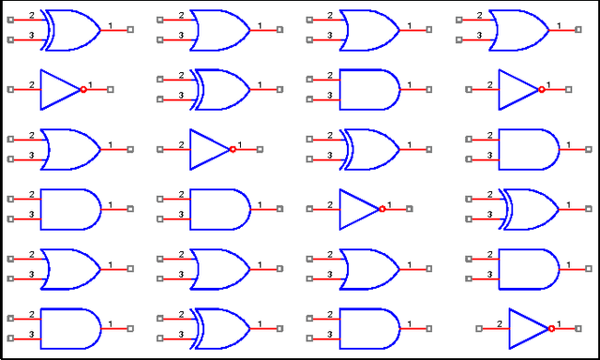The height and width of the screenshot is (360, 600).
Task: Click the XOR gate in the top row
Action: (71, 30)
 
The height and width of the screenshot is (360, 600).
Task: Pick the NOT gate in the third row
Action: (210, 149)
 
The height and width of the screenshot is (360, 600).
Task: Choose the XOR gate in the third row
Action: (370, 149)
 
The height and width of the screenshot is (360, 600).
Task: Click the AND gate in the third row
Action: (528, 149)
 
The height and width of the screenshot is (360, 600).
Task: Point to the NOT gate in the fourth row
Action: (360, 209)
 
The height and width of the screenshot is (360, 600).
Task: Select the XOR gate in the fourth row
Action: (530, 209)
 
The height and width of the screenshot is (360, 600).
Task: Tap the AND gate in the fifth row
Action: (528, 269)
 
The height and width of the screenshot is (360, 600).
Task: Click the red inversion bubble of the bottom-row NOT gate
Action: (551, 328)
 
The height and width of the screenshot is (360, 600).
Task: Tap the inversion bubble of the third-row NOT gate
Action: (232, 149)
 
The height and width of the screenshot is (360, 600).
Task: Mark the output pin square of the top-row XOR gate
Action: (130, 30)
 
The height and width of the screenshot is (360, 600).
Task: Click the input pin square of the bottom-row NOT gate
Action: (479, 328)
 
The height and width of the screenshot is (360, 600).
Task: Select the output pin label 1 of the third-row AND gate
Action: (562, 143)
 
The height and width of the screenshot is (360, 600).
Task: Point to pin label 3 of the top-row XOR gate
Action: (32, 36)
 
